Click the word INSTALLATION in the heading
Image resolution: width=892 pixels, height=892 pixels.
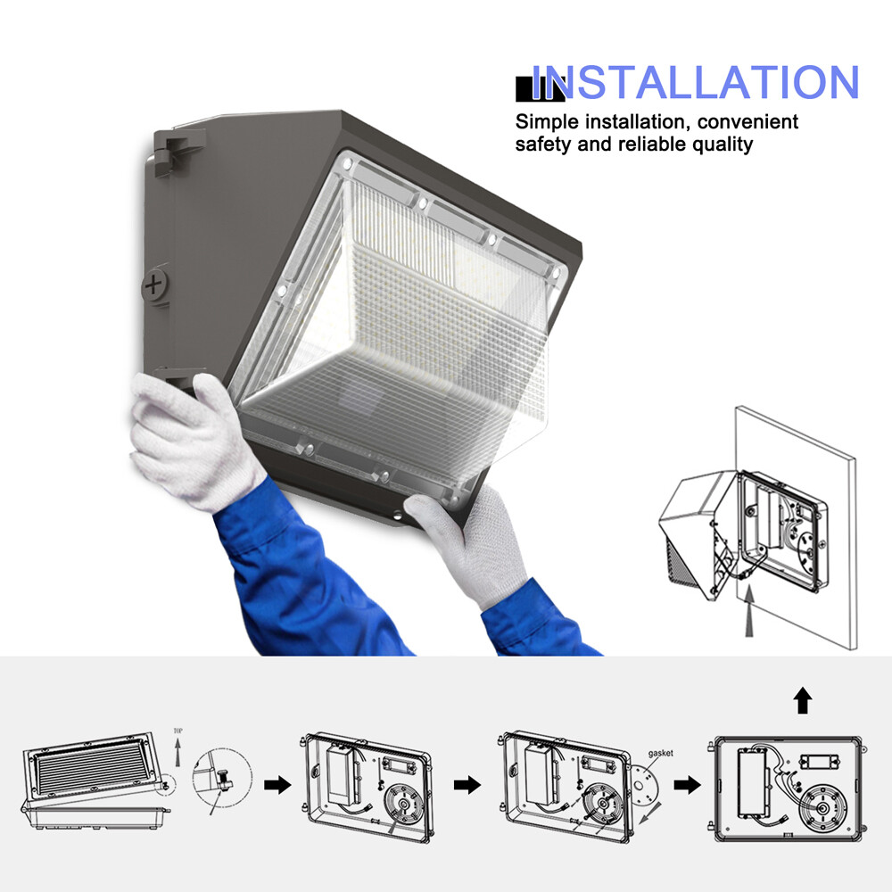(x=696, y=82)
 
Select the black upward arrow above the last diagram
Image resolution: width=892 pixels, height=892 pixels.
(x=803, y=702)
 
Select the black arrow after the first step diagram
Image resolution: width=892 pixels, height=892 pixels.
(x=278, y=786)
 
